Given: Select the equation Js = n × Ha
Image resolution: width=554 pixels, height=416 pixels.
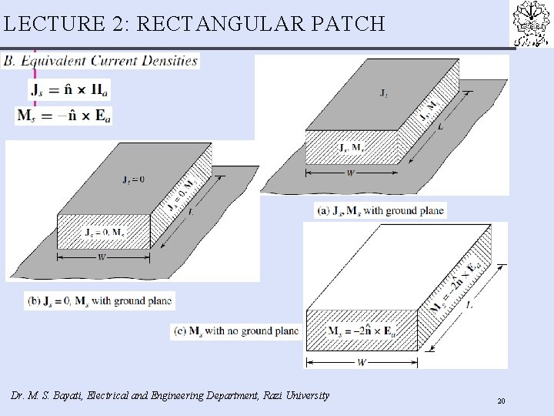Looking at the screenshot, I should (69, 90).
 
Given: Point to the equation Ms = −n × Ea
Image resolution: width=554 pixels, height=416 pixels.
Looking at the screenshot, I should (64, 116).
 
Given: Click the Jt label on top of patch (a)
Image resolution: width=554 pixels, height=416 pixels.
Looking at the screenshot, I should (383, 93).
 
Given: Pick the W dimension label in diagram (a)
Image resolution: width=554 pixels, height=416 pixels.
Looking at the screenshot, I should (351, 173).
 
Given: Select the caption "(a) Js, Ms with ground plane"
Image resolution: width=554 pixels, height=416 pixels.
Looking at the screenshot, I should (381, 210).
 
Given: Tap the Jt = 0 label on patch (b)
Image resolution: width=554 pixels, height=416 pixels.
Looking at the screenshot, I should (112, 180).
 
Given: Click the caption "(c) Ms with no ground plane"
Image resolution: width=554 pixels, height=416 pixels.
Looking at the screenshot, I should (235, 331).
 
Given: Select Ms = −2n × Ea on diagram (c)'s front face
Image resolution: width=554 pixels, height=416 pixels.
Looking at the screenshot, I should (362, 332).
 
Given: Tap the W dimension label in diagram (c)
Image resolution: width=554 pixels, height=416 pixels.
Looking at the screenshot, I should (361, 361).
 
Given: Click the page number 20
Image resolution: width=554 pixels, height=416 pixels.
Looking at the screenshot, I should (501, 401).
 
